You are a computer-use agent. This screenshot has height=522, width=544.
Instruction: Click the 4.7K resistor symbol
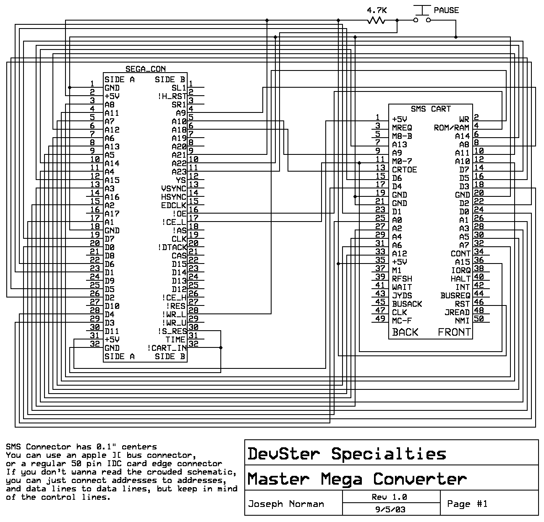376,20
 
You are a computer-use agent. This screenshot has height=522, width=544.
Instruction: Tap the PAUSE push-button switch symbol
422,14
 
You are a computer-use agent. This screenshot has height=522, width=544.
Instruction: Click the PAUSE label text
446,10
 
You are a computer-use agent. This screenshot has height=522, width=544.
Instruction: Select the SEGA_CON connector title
145,69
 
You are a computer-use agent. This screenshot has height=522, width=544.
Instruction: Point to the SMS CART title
431,109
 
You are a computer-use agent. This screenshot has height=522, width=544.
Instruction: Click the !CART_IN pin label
167,348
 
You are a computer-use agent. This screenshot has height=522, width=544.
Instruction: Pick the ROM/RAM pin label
452,128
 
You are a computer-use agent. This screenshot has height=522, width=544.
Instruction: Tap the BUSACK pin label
407,304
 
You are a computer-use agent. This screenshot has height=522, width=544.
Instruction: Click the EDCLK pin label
174,205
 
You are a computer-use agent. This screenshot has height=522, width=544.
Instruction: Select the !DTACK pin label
172,247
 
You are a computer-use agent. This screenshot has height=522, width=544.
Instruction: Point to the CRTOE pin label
404,170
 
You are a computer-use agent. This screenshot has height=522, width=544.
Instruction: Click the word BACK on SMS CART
405,332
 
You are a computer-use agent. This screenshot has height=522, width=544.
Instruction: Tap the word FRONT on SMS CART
454,332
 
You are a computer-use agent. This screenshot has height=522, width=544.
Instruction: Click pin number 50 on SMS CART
479,318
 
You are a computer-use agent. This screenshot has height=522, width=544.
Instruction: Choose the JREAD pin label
457,312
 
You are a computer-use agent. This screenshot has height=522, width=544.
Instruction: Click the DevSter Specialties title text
347,454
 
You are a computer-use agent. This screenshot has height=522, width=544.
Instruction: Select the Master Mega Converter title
357,479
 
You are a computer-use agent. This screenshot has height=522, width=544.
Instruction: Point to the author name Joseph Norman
286,504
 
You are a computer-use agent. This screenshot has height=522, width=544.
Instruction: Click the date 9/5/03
390,509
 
